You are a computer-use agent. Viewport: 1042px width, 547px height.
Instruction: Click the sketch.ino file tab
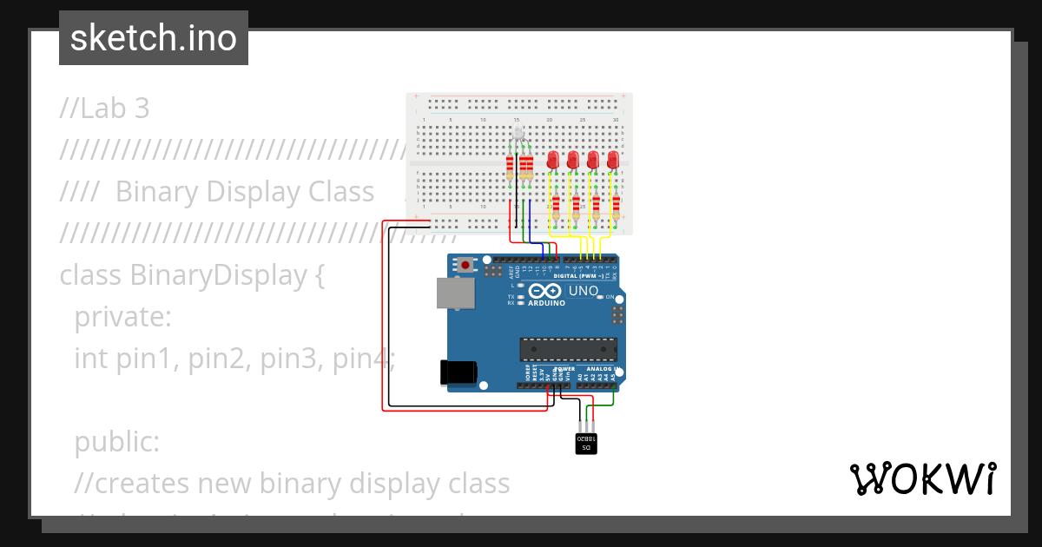point(154,38)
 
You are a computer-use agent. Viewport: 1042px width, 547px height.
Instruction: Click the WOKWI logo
point(922,478)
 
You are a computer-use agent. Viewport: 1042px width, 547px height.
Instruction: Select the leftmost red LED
point(552,160)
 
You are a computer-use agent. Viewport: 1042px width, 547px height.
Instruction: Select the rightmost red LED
point(613,160)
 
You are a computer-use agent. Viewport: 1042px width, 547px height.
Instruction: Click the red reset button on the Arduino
point(466,264)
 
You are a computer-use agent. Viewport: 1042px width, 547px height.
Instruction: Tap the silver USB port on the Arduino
point(455,293)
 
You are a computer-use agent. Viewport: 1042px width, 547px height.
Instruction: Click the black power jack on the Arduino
point(458,372)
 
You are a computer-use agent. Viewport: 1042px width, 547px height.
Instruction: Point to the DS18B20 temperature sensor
point(586,442)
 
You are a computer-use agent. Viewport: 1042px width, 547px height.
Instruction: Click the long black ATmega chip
point(568,349)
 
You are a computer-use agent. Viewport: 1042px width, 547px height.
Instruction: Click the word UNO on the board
point(583,290)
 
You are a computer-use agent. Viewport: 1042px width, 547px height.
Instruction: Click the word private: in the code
point(123,317)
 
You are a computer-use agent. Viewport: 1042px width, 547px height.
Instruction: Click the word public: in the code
point(117,442)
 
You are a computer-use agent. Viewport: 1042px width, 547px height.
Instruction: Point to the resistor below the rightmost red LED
point(616,207)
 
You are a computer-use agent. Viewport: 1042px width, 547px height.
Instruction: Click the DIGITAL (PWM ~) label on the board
point(590,275)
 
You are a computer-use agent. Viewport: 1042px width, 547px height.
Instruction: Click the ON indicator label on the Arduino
point(621,297)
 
